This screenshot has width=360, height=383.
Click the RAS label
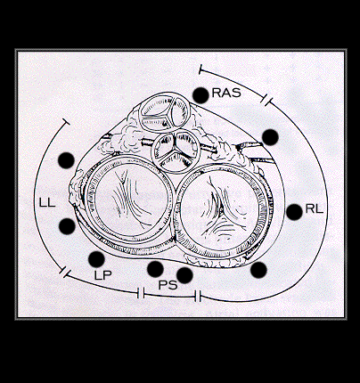226,93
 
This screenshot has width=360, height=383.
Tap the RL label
315,209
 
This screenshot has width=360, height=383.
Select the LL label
47,202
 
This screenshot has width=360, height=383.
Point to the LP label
103,275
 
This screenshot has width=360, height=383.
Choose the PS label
168,285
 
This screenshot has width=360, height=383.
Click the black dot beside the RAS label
200,95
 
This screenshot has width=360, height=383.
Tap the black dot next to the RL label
294,212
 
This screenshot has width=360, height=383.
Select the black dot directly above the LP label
96,259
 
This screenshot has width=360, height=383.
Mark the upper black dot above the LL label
66,160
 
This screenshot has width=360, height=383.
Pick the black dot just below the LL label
67,226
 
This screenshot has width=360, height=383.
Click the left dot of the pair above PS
155,269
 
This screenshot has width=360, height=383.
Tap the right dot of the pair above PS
184,275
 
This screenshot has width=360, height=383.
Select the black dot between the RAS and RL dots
270,137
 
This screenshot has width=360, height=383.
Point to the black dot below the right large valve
258,270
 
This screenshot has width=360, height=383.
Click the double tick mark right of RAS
266,100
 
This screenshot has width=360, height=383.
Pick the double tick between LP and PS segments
141,293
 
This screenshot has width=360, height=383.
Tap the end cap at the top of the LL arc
66,122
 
